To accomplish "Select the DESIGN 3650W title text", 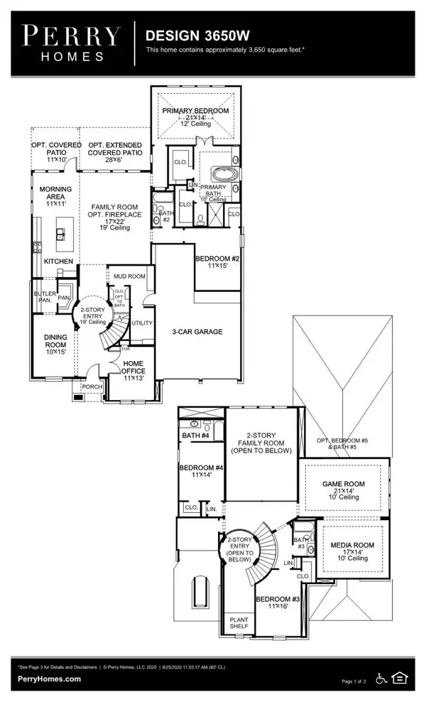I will click(x=187, y=35).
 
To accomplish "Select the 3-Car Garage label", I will click(x=197, y=332).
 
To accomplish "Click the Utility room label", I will click(x=141, y=322).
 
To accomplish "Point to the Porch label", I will click(x=93, y=387).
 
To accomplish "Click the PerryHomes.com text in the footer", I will click(x=49, y=679).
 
